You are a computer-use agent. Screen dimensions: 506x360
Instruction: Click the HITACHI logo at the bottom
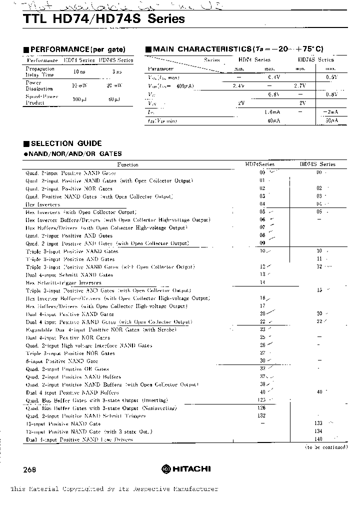tap(186, 468)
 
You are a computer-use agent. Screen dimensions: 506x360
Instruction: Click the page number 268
tap(29, 470)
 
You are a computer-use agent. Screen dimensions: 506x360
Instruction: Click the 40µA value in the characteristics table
tap(273, 120)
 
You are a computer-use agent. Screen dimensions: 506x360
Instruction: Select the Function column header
tap(127, 164)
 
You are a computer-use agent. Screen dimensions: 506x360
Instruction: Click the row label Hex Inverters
tap(43, 204)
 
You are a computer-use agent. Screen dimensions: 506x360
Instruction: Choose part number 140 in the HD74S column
tap(319, 439)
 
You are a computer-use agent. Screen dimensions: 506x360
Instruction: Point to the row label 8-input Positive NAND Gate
tap(62, 361)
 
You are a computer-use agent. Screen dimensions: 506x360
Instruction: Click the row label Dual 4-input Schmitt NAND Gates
tap(69, 275)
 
